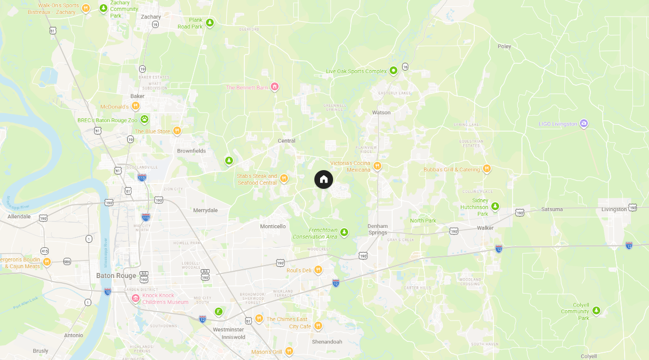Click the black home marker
324,179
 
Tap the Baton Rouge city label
116,275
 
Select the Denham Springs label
378,229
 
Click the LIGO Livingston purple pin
584,123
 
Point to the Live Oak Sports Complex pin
393,71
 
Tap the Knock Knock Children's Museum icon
135,298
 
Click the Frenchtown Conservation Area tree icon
344,232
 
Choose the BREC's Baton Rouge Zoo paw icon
144,119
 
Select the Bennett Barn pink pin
274,87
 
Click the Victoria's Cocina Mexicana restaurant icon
377,166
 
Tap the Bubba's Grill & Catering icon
487,169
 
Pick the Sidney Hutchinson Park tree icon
495,206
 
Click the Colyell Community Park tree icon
596,310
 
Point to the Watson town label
381,113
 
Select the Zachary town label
151,17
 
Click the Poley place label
504,46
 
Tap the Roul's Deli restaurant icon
318,270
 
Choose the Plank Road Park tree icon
210,22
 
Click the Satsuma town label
551,210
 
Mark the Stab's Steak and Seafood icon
284,178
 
